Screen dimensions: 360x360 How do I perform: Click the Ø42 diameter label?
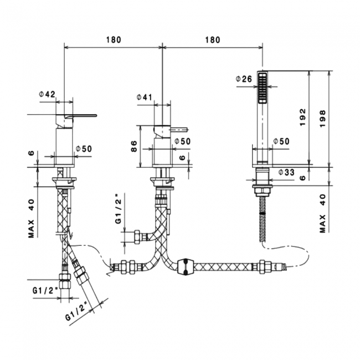pyautogui.click(x=47, y=94)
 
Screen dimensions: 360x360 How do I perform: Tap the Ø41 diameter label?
pyautogui.click(x=145, y=97)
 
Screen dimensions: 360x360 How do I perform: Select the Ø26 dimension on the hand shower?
pyautogui.click(x=244, y=79)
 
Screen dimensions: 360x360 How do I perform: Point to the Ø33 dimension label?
pyautogui.click(x=286, y=172)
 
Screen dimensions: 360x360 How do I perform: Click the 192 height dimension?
pyautogui.click(x=303, y=117)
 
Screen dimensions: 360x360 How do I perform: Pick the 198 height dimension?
pyautogui.click(x=322, y=119)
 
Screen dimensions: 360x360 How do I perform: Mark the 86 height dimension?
pyautogui.click(x=134, y=146)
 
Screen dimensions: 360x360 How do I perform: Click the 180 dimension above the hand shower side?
pyautogui.click(x=212, y=40)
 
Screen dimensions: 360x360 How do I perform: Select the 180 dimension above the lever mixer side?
pyautogui.click(x=114, y=40)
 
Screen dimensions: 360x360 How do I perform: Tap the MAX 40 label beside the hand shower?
pyautogui.click(x=322, y=213)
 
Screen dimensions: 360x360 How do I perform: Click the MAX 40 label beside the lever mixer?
pyautogui.click(x=31, y=218)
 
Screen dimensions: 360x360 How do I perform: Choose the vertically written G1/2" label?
pyautogui.click(x=118, y=209)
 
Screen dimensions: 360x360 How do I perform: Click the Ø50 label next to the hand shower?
pyautogui.click(x=281, y=141)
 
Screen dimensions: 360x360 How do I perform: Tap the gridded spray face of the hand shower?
pyautogui.click(x=263, y=88)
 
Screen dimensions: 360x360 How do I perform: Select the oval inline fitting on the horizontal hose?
pyautogui.click(x=186, y=266)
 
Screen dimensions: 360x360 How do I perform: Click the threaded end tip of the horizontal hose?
pyautogui.click(x=284, y=267)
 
